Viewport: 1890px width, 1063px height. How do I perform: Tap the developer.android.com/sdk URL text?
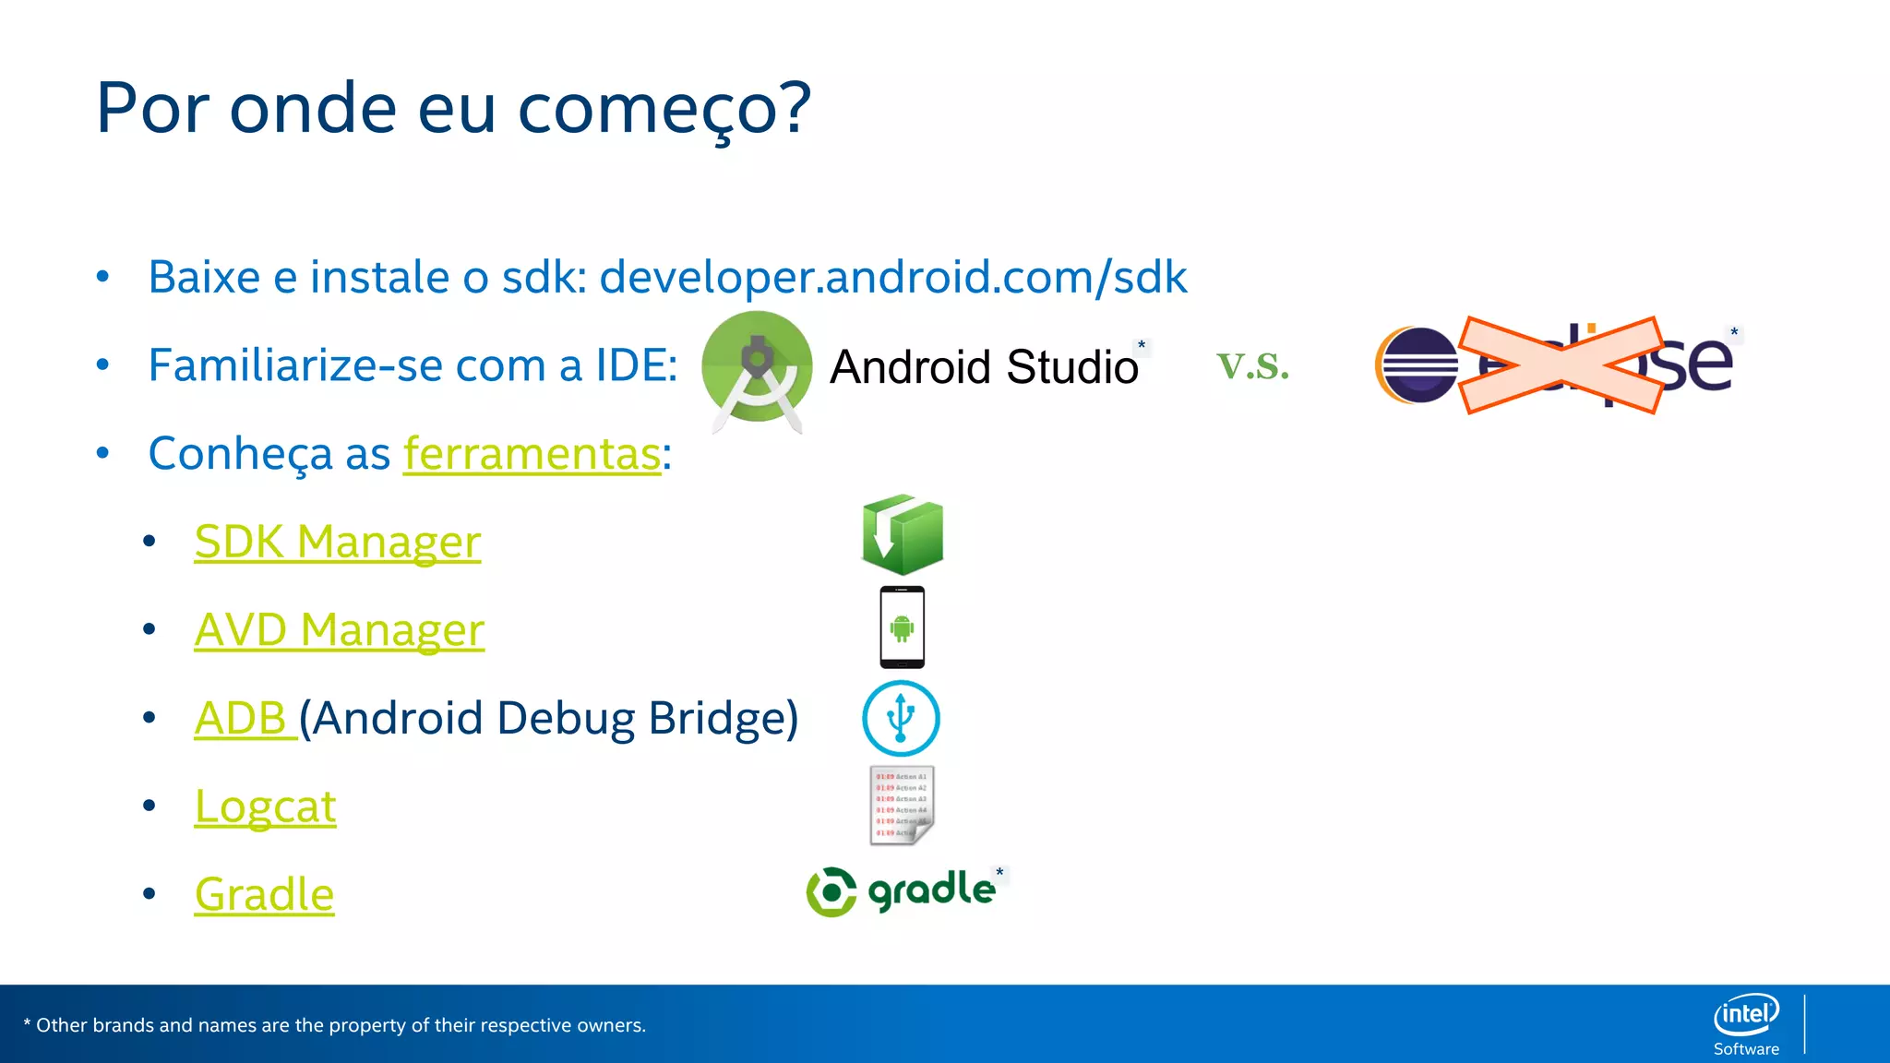pos(892,277)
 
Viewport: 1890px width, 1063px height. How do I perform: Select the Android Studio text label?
pos(984,367)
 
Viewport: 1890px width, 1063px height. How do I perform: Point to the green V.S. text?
pos(1252,366)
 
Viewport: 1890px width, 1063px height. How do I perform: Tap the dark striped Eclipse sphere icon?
pos(1417,365)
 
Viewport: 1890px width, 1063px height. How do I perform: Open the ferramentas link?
pos(532,454)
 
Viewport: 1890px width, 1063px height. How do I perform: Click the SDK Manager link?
pos(337,542)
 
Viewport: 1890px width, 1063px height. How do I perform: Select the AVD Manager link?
pos(339,630)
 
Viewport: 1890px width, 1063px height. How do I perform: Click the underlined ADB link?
pos(242,719)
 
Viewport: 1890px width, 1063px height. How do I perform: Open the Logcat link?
pos(265,807)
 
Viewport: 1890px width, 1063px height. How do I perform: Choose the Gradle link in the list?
pos(264,895)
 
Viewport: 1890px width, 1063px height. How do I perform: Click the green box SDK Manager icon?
pos(902,535)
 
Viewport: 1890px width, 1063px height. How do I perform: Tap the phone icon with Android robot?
pos(902,627)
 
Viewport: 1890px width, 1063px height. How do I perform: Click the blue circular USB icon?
pos(901,718)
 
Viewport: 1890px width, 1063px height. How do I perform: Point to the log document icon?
pos(902,806)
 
